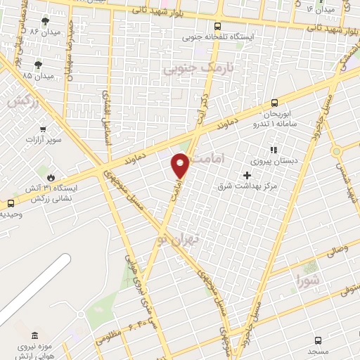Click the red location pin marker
[181, 165]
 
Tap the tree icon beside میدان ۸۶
[46, 22]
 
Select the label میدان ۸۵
[38, 75]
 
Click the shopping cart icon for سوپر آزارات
[44, 129]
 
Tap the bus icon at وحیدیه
[10, 203]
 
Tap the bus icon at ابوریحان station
[274, 102]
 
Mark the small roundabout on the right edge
[337, 150]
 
